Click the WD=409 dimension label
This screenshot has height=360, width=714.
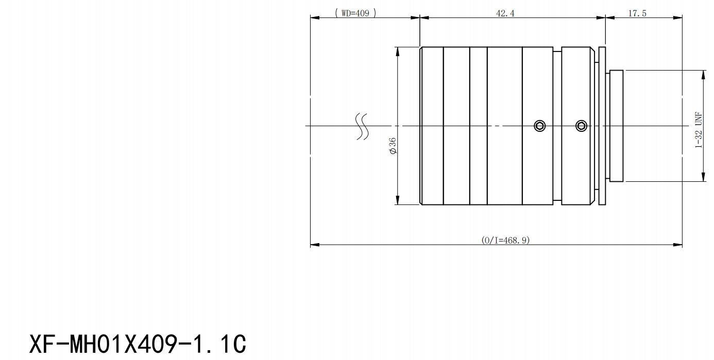tap(355, 13)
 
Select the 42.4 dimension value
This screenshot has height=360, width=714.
tap(505, 13)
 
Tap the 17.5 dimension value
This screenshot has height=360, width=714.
tap(637, 13)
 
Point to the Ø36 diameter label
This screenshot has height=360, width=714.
tap(393, 146)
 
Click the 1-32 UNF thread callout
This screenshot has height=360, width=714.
tap(699, 130)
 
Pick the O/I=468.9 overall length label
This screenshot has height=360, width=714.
tap(505, 240)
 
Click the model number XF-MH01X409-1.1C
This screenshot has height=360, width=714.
tap(138, 344)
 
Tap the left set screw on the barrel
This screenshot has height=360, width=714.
tap(540, 126)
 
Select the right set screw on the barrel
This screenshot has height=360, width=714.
tap(582, 126)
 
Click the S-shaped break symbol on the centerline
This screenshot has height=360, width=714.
tap(363, 126)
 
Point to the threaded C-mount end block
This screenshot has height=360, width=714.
tap(616, 126)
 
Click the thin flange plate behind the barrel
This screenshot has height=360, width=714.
tap(602, 126)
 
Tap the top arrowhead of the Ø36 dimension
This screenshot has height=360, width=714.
tap(397, 52)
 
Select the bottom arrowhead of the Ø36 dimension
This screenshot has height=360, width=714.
tap(397, 200)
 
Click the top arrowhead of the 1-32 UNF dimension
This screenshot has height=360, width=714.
tap(704, 75)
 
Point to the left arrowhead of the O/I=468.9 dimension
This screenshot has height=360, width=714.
tap(315, 245)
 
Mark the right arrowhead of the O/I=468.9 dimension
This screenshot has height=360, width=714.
tap(677, 245)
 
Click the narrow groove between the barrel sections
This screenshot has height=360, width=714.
tap(557, 126)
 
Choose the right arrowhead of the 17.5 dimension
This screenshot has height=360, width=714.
tap(677, 18)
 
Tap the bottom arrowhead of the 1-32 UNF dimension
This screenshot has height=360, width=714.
tap(704, 177)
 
